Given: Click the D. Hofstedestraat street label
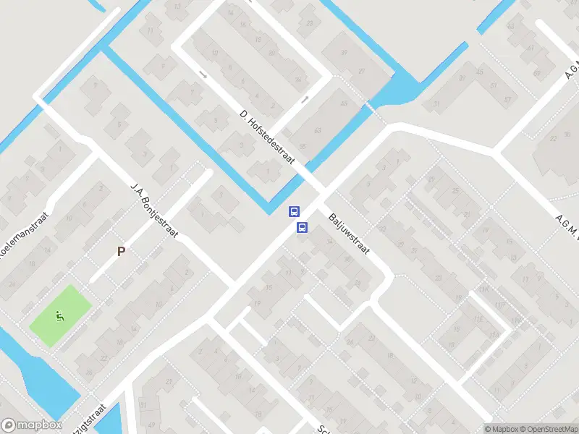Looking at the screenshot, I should click(268, 135).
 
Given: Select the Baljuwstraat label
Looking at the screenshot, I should click(349, 233).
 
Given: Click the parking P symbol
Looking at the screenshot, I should click(122, 252).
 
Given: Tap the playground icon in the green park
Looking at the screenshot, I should click(60, 315).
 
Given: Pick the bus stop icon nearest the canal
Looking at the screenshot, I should click(294, 211).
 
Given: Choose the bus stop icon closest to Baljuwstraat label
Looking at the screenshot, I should click(302, 227).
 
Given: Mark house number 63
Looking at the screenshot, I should click(318, 130).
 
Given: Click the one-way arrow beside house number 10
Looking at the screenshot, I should click(202, 74).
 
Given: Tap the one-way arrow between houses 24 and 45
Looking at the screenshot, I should click(305, 98).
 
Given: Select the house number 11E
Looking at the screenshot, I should click(478, 319).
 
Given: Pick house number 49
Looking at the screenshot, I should click(343, 103).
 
